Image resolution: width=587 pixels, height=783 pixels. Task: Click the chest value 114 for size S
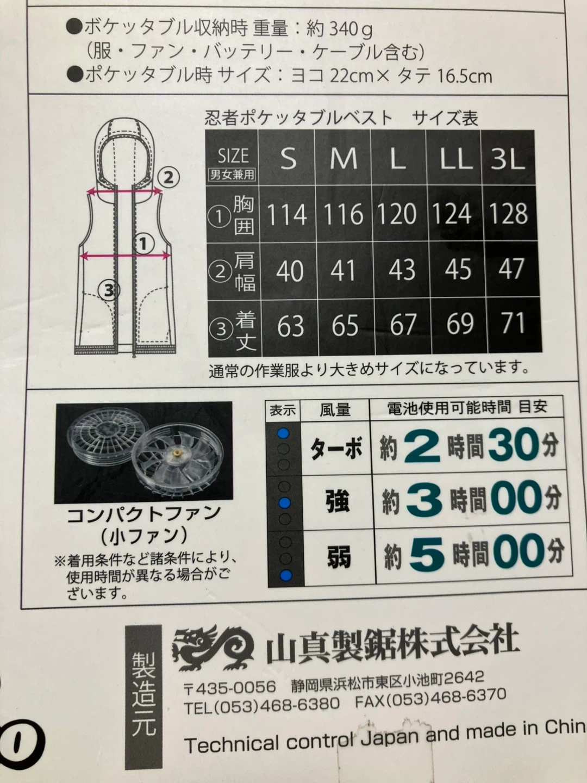pos(287,214)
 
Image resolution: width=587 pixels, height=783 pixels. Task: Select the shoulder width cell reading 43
pos(402,270)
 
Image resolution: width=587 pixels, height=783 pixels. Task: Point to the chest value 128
pos(508,213)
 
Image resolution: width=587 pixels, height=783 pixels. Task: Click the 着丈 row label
pos(246,330)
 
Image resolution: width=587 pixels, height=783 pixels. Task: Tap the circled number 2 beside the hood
pos(168,177)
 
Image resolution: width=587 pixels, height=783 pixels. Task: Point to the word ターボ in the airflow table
pos(336,449)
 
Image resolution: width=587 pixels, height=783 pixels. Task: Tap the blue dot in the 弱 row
pos(286,575)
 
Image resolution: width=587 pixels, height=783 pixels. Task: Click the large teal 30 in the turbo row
pos(514,444)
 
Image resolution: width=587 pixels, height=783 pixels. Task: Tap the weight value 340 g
pos(351,29)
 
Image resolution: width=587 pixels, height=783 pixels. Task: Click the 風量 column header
pos(335,410)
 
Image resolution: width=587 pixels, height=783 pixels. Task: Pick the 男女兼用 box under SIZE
pos(232,175)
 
